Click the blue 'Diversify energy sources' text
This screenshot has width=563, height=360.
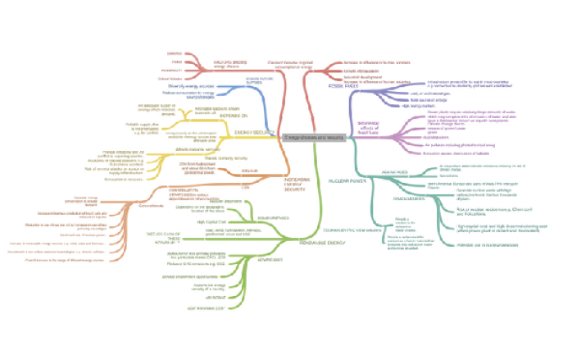pyautogui.click(x=190, y=85)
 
